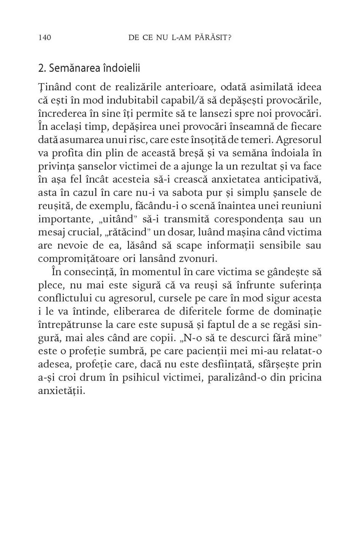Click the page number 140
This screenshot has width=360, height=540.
click(45, 38)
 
